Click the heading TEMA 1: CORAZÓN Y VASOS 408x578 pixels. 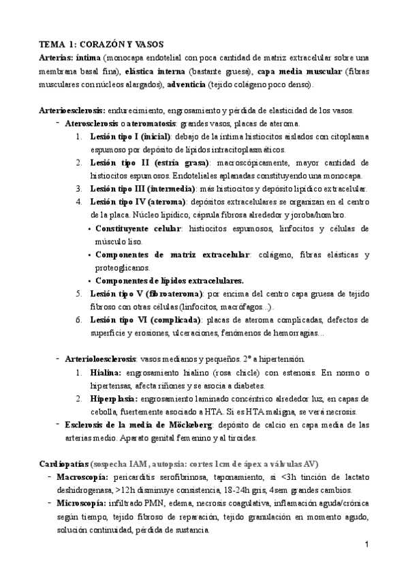(x=101, y=44)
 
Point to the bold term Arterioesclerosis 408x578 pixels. (x=71, y=110)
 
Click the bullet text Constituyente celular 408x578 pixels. (x=139, y=228)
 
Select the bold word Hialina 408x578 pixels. (x=106, y=373)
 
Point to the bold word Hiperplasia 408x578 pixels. (x=113, y=399)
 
